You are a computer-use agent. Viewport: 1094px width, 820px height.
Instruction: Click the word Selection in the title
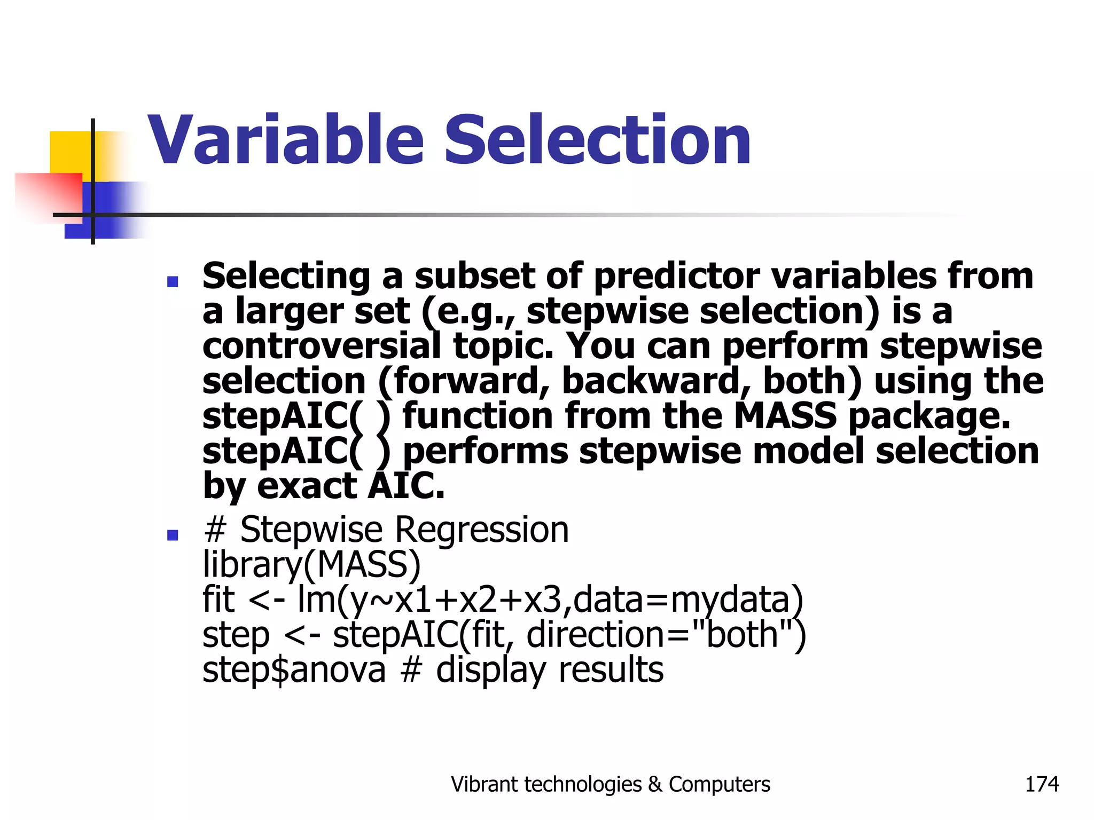(597, 140)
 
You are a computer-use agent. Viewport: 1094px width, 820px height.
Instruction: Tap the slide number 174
(1041, 784)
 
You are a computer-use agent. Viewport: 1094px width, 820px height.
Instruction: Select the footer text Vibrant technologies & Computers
(610, 784)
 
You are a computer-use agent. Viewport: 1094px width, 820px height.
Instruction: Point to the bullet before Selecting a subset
(172, 281)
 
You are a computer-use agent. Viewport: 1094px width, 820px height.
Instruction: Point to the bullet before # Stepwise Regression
(172, 534)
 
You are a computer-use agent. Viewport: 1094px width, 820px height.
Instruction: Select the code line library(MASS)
(311, 564)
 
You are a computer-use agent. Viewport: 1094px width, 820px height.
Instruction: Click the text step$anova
(294, 669)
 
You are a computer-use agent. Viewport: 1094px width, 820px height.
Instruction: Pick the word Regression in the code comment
(482, 530)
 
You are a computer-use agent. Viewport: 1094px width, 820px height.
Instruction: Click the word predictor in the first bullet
(676, 277)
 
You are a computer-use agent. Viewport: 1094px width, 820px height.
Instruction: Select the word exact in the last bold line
(307, 486)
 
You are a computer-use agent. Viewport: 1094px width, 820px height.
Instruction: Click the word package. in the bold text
(929, 416)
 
